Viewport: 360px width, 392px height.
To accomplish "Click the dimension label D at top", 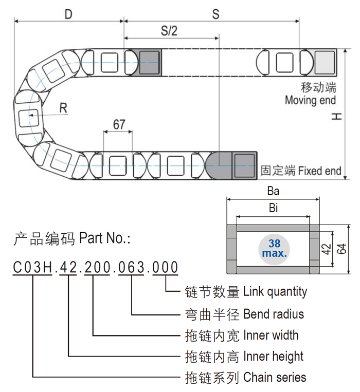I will click(68, 14).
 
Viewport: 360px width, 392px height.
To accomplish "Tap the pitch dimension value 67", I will click(119, 124).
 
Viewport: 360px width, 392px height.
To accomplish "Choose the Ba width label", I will click(273, 192).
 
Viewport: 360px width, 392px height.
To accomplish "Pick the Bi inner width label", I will click(273, 208).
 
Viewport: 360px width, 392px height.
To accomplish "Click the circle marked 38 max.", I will click(274, 249).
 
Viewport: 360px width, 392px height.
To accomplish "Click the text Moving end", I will click(310, 100).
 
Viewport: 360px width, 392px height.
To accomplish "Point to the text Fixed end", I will click(319, 170).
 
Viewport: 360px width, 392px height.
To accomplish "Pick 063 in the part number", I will click(132, 268).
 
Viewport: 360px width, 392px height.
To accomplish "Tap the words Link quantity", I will click(275, 291).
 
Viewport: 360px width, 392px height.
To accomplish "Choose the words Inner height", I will click(274, 356).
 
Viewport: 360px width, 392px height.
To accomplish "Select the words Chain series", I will click(275, 378).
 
